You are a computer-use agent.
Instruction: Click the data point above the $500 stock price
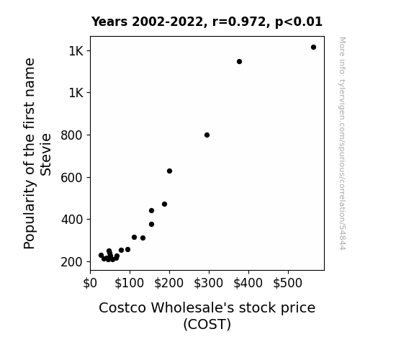click(x=313, y=48)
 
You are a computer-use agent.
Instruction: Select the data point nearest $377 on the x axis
click(x=239, y=61)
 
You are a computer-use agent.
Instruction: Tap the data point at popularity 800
click(x=207, y=135)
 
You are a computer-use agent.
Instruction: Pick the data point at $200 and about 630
click(x=169, y=171)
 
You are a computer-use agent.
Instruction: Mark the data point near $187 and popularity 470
click(x=164, y=204)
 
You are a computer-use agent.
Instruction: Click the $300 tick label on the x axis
click(x=208, y=283)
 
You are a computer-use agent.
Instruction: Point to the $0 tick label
click(x=90, y=283)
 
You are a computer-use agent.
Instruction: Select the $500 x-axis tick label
click(x=287, y=283)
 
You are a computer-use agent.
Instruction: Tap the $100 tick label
click(x=129, y=283)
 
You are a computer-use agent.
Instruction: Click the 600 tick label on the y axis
click(x=72, y=178)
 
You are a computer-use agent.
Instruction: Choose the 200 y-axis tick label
click(x=72, y=262)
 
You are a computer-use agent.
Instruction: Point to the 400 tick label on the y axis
click(x=72, y=220)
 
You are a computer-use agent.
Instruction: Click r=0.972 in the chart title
click(x=239, y=22)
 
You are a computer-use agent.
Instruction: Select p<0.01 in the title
click(x=299, y=22)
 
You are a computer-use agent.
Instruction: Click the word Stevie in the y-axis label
click(x=45, y=155)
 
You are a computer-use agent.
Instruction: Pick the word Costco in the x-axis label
click(x=122, y=307)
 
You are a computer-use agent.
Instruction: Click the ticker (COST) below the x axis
click(x=207, y=324)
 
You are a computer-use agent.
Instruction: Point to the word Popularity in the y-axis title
click(x=30, y=214)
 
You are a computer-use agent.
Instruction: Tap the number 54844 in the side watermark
click(x=342, y=238)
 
